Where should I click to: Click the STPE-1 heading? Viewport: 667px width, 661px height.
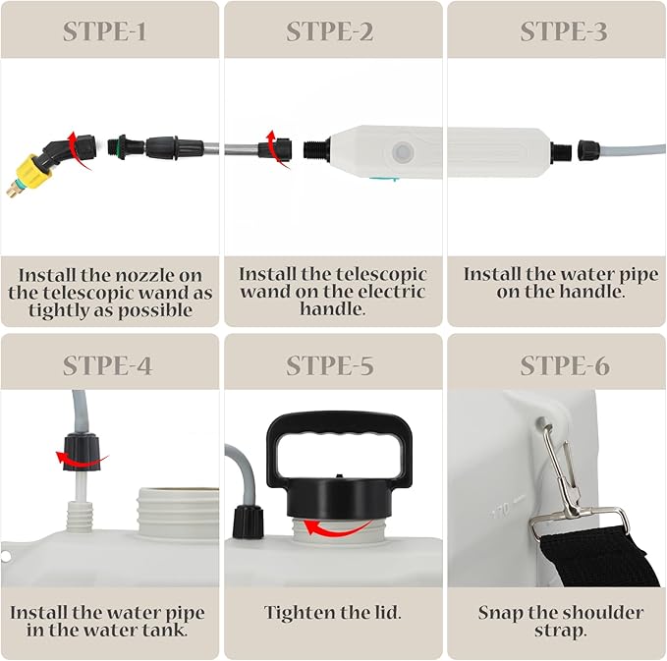point(105,31)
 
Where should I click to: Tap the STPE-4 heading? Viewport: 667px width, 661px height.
point(107,365)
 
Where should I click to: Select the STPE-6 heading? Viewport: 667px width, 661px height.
point(565,365)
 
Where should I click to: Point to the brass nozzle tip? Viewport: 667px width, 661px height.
point(13,189)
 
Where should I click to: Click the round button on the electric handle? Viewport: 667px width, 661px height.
point(402,152)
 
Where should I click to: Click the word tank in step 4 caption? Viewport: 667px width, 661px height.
point(165,631)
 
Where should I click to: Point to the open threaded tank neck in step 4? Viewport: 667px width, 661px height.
point(178,510)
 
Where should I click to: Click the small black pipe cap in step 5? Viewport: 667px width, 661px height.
point(248,522)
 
